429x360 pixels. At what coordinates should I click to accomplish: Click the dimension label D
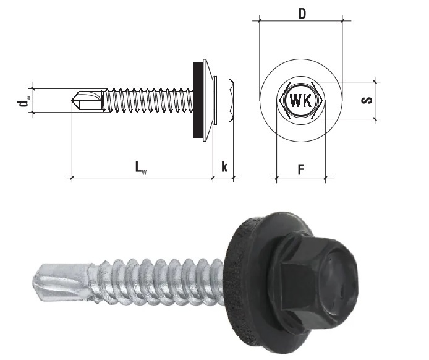pos(301,12)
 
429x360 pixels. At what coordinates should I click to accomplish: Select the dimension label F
pos(300,168)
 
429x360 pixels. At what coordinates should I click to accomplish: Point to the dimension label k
pos(224,167)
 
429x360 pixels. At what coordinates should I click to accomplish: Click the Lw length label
pos(142,167)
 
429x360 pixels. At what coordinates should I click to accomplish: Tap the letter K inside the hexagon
pos(308,101)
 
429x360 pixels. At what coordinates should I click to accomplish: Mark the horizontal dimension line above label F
pos(300,178)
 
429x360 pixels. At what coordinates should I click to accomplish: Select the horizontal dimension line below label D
pos(301,22)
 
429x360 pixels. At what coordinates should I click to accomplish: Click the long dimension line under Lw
pos(142,178)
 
